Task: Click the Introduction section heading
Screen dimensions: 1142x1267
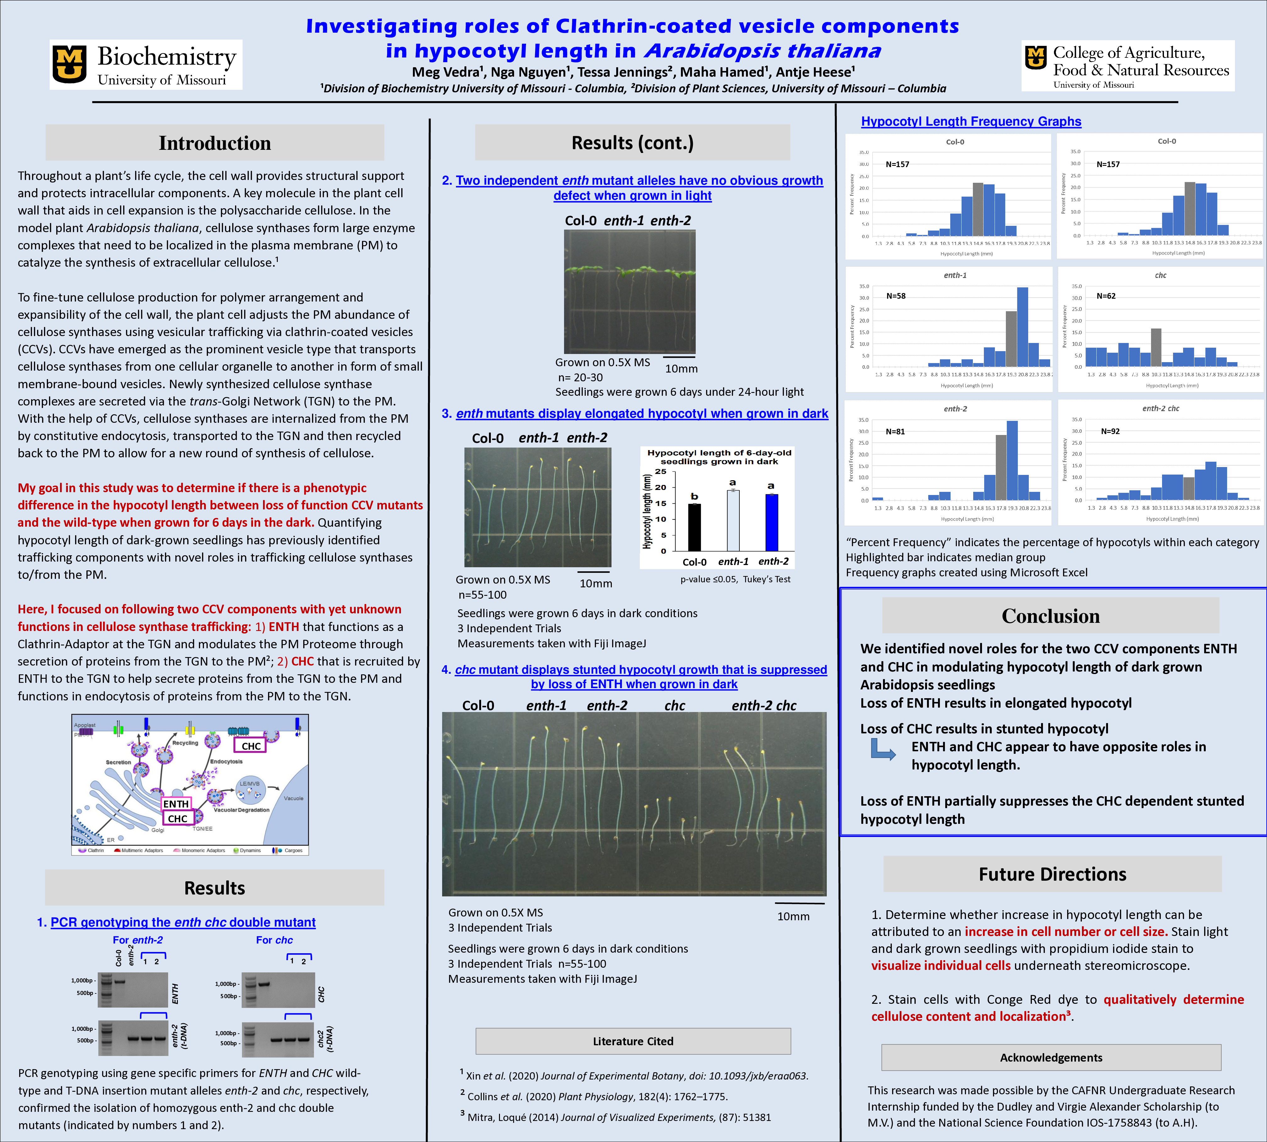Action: [215, 143]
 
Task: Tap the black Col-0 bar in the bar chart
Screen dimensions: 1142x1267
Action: [694, 527]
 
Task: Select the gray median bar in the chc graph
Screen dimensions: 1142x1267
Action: [1156, 347]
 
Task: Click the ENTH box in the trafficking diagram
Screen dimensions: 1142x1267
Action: [176, 804]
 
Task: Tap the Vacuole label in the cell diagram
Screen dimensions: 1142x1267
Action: [293, 798]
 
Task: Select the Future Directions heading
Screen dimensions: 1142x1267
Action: [1052, 874]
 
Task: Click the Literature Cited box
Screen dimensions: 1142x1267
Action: [633, 1041]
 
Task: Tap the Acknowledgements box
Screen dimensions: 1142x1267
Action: [1051, 1057]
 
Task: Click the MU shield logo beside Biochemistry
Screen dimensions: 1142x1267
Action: [70, 64]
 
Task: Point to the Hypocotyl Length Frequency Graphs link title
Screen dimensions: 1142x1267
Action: [971, 121]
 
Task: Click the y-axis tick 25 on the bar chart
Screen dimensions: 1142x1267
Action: [661, 472]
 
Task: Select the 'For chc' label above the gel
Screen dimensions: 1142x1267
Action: [274, 940]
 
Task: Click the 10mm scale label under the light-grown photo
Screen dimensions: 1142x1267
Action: [681, 369]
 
